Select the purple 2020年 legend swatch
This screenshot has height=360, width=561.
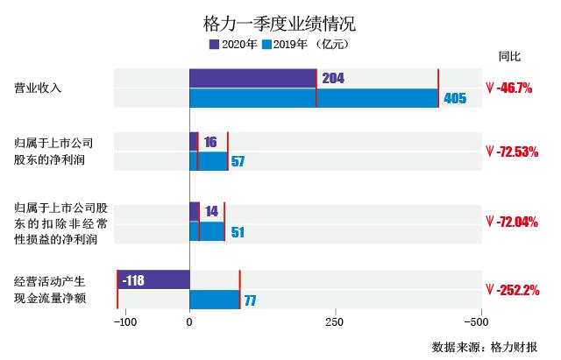pyautogui.click(x=214, y=43)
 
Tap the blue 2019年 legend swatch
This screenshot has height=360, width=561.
pyautogui.click(x=276, y=43)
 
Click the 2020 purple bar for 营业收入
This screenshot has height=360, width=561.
pyautogui.click(x=252, y=78)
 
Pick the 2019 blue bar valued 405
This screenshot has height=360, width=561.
pyautogui.click(x=314, y=98)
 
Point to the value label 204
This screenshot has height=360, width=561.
pyautogui.click(x=333, y=79)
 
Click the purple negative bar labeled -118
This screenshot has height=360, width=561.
pyautogui.click(x=153, y=280)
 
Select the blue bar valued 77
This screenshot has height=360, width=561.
pyautogui.click(x=215, y=300)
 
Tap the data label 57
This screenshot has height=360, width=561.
pyautogui.click(x=238, y=161)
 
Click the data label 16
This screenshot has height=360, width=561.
pyautogui.click(x=210, y=142)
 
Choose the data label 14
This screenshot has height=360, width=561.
pyautogui.click(x=210, y=212)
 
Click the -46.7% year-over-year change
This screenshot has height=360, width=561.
pyautogui.click(x=515, y=88)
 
